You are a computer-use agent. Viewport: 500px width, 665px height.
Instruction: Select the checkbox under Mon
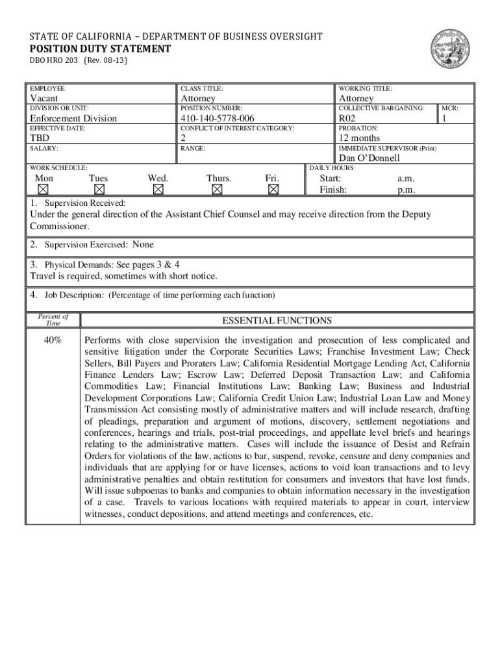pos(44,190)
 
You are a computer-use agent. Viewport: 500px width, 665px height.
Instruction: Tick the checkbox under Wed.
pos(158,190)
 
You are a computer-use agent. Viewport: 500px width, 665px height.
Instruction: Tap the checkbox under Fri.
pos(273,190)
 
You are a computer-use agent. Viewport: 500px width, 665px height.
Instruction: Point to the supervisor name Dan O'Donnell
pos(369,158)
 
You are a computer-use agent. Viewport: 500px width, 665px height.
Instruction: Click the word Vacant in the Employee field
pos(44,98)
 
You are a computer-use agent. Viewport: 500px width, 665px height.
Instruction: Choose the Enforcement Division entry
pos(73,118)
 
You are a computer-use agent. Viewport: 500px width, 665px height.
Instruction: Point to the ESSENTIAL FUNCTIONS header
pos(277,321)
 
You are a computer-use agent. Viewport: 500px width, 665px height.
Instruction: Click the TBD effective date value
pos(40,138)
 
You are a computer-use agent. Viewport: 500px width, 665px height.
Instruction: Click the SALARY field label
pos(40,149)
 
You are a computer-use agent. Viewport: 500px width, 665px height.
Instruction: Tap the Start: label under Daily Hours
pos(330,178)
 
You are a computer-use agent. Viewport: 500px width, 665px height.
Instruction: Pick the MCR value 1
pos(445,118)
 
